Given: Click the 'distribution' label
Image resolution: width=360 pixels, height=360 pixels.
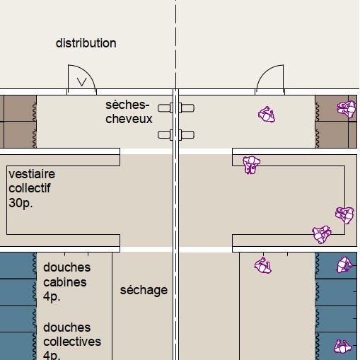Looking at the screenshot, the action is pos(86,43).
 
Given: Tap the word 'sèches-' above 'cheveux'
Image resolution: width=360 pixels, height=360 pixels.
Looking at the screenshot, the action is pos(127,105).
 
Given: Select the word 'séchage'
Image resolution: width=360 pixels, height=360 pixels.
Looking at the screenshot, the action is pos(144,290).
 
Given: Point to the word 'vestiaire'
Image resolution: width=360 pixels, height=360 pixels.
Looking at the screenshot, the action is pos(32,174).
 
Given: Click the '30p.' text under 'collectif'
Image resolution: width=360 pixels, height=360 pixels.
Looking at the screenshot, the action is pos(21,203).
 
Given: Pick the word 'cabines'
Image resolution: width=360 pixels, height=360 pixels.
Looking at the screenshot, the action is pos(65,282).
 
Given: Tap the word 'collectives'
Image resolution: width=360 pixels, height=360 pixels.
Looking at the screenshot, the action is pos(72,342).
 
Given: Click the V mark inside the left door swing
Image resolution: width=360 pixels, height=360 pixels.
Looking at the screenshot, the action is pos(82,82).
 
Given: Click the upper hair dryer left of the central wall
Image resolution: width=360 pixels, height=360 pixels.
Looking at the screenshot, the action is pos(166,108).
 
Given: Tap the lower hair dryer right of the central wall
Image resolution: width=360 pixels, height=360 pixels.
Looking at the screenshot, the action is pos(187,135).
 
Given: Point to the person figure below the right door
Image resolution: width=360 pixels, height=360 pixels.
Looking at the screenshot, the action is pos(267,115).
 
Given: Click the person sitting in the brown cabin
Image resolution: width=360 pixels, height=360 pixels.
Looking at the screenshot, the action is pos(347,109).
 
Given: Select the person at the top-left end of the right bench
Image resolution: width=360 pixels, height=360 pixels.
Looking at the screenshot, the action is pos(251,164).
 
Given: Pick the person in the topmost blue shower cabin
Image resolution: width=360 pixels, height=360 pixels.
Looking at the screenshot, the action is pos(345,265).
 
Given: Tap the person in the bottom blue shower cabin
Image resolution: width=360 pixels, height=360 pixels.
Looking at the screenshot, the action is pos(342,347).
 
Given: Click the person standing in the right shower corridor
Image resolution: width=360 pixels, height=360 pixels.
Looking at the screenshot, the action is pos(263,265).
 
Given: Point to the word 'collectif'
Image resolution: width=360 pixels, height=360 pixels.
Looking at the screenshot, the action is pos(30,188).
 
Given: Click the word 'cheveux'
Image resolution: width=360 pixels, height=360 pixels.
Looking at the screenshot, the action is pos(129,119).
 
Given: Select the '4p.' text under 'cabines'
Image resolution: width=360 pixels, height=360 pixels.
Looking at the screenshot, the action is pos(52,296).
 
